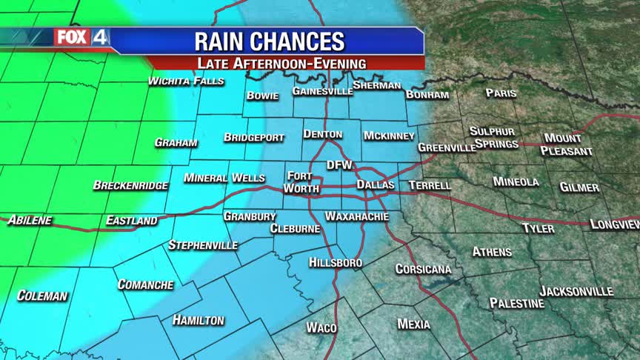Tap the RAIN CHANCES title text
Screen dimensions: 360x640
click(269, 41)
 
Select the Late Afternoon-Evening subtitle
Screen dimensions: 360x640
click(281, 63)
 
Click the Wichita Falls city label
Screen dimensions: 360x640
click(186, 81)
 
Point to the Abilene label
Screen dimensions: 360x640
click(30, 220)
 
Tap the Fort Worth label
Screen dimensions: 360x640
click(302, 182)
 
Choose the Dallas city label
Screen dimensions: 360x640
click(376, 184)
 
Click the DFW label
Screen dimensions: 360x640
click(339, 165)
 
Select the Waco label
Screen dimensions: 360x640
click(321, 327)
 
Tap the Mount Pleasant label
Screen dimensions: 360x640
click(567, 144)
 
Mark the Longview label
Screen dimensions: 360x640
click(614, 224)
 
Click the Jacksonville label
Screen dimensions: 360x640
click(576, 291)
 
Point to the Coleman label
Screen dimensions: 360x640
click(42, 296)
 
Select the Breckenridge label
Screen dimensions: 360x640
click(130, 185)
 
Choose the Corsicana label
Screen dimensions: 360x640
click(424, 269)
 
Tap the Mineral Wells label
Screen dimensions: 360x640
click(224, 178)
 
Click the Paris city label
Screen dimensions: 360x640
click(501, 93)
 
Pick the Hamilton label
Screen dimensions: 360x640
click(198, 320)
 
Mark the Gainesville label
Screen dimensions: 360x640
click(322, 91)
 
